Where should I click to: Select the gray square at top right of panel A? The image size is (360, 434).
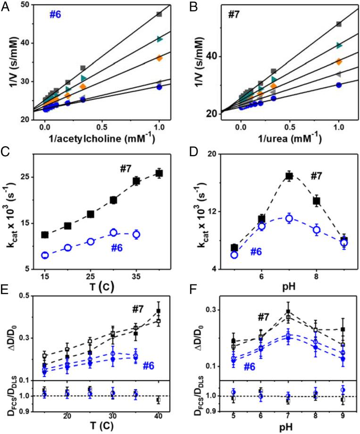pos(159,14)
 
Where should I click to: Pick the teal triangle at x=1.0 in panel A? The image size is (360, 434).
pos(159,39)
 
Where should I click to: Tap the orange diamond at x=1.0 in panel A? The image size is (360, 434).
pos(159,58)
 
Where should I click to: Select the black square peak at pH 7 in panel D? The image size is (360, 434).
pos(289,176)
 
